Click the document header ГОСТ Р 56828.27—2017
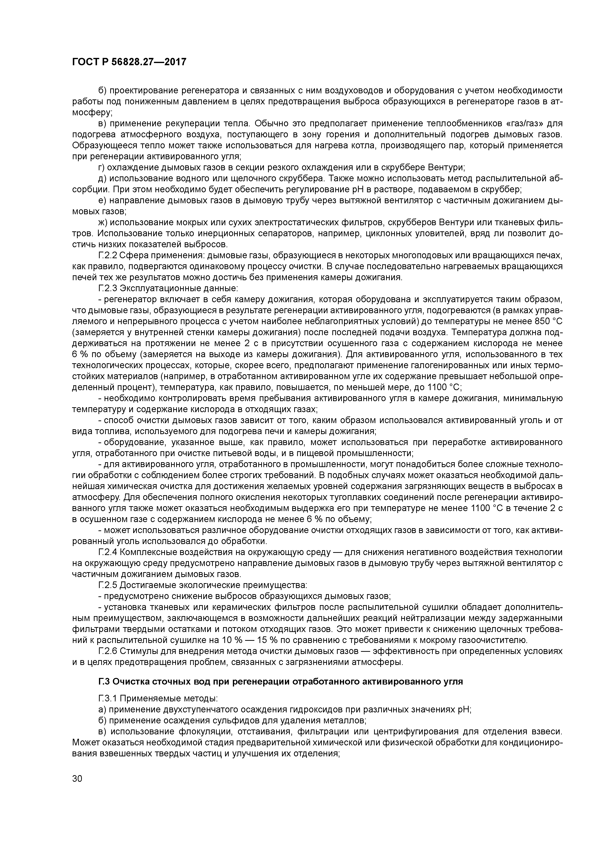pos(129,62)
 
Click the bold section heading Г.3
pos(280,682)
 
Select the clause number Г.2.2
pos(108,256)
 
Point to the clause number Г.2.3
pos(108,289)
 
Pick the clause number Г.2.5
pos(108,585)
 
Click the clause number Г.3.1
pos(108,698)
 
